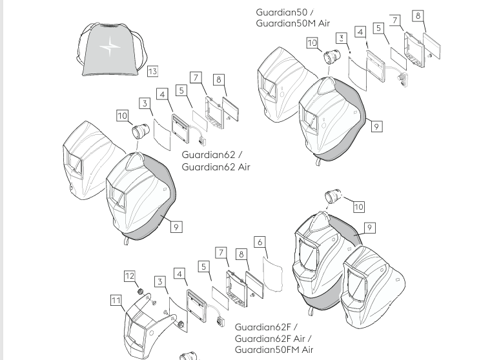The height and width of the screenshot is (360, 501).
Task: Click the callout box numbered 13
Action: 152,71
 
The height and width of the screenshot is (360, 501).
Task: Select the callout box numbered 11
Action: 116,300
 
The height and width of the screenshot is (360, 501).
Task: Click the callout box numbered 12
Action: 130,276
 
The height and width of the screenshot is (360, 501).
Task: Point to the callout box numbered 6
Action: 260,243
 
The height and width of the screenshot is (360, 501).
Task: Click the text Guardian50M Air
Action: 292,23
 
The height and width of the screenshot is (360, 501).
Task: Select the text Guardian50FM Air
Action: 274,349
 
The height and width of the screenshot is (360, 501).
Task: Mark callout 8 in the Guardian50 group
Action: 418,15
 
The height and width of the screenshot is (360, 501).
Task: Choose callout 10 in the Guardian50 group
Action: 312,43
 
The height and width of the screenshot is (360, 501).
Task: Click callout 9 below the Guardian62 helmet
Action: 176,226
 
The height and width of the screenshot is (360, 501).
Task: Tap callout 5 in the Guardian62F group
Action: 203,266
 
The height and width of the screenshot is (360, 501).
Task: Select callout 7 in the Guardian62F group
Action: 221,252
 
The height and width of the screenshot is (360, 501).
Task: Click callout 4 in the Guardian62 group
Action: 162,94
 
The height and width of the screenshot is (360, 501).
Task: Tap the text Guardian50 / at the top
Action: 285,12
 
